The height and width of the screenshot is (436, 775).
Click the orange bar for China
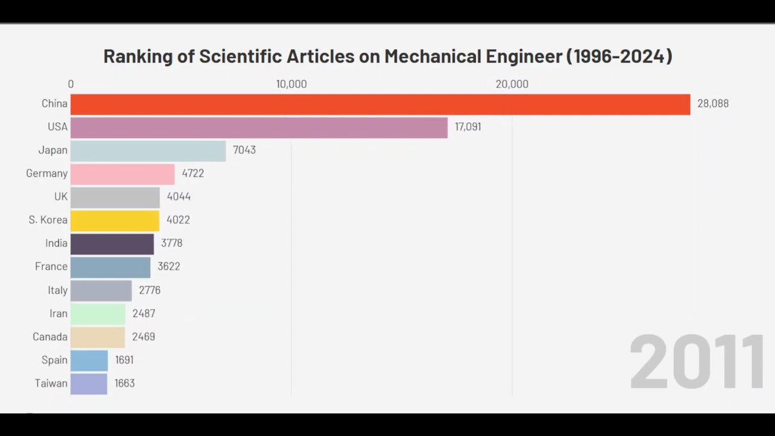pos(380,104)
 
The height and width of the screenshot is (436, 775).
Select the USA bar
pos(259,127)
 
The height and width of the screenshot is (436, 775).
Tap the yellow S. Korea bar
pos(115,220)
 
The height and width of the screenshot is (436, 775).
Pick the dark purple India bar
pos(112,243)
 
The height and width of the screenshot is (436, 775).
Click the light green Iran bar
pos(97,314)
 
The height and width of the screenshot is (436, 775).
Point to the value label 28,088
pos(713,104)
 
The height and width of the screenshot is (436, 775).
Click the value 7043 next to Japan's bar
pos(244,150)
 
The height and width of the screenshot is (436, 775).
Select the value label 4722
pos(193,173)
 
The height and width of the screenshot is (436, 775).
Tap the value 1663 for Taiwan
pos(124,383)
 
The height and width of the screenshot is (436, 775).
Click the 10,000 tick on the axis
pos(291,84)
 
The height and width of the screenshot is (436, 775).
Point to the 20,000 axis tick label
pos(512,84)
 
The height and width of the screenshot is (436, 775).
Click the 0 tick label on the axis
pos(71,84)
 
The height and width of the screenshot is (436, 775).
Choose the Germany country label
pos(47,174)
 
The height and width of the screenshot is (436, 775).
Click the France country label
pos(51,266)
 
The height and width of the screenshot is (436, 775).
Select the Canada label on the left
pos(50,337)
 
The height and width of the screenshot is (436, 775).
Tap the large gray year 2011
pos(696,362)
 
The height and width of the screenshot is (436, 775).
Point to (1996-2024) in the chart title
pos(619,56)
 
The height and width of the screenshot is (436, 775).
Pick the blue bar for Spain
pos(89,360)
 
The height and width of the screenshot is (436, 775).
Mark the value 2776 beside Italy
pos(150,290)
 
